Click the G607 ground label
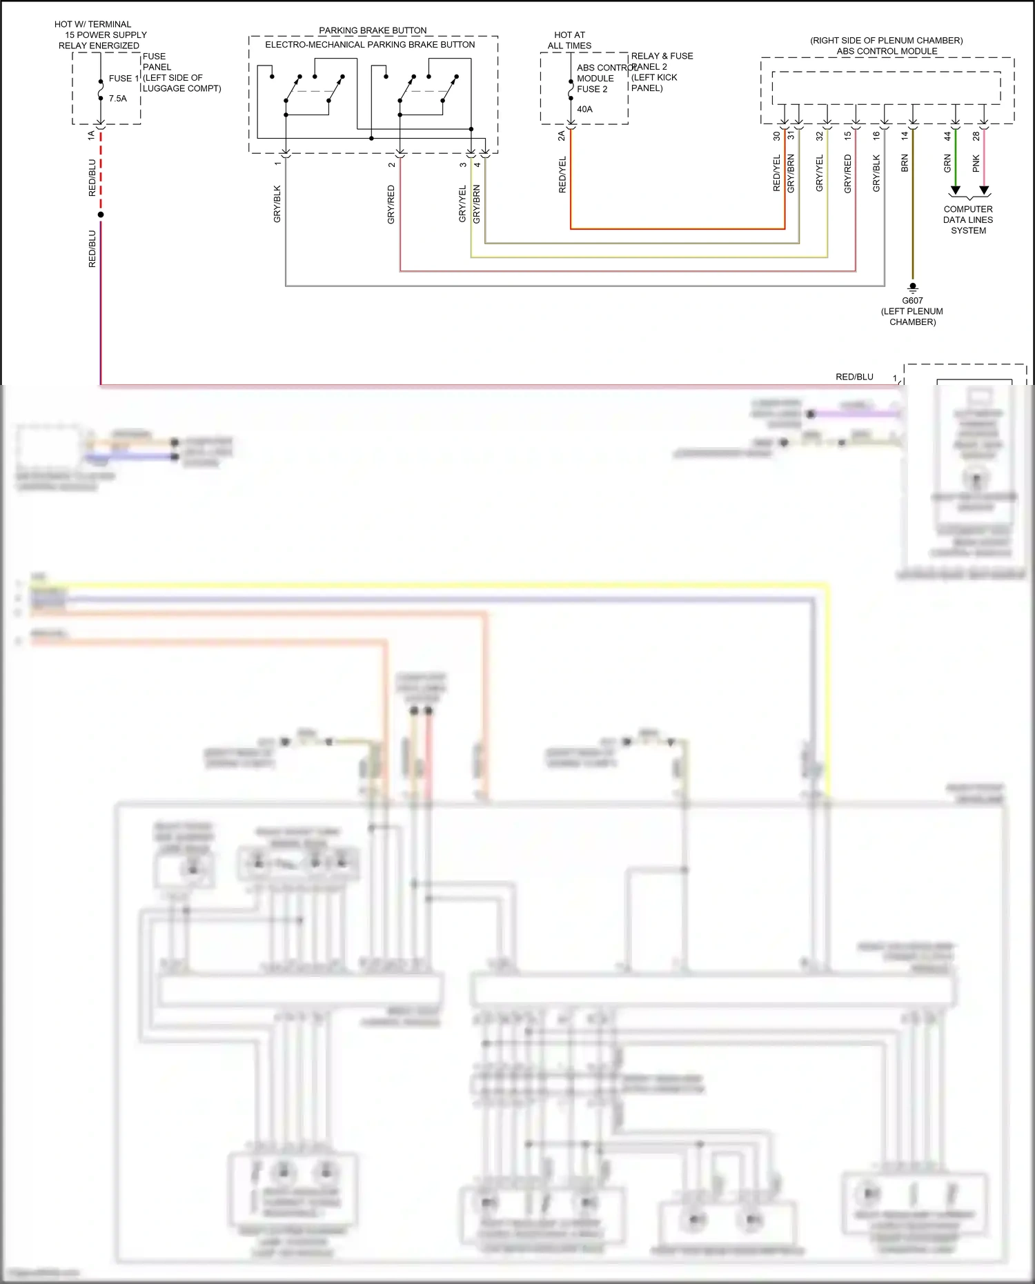pyautogui.click(x=912, y=300)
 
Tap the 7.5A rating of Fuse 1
pyautogui.click(x=118, y=99)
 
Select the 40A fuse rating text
pyautogui.click(x=584, y=109)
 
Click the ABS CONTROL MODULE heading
pyautogui.click(x=887, y=51)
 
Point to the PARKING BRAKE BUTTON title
pyautogui.click(x=373, y=30)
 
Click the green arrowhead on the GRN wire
pyautogui.click(x=956, y=190)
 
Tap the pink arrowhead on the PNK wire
pyautogui.click(x=984, y=190)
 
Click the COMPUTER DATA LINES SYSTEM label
pyautogui.click(x=968, y=219)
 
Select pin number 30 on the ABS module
pyautogui.click(x=776, y=136)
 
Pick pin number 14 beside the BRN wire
pyautogui.click(x=905, y=136)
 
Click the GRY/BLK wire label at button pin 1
pyautogui.click(x=277, y=204)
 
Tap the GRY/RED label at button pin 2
pyautogui.click(x=391, y=204)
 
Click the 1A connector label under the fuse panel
pyautogui.click(x=91, y=136)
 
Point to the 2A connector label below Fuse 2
pyautogui.click(x=562, y=136)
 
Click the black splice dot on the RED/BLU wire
pyautogui.click(x=101, y=215)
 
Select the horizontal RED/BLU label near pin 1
pyautogui.click(x=854, y=377)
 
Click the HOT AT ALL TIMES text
pyautogui.click(x=569, y=40)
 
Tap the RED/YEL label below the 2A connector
pyautogui.click(x=562, y=174)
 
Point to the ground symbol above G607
pyautogui.click(x=913, y=287)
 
